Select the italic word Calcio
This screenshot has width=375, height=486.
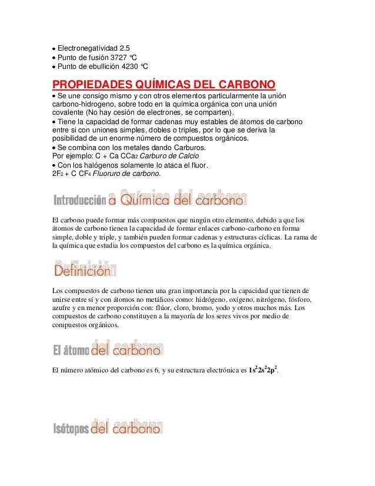187,156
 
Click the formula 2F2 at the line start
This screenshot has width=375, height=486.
58,174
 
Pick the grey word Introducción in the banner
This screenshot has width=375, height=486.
80,201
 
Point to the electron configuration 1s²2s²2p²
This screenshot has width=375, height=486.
263,371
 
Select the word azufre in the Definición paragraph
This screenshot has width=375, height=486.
62,308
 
